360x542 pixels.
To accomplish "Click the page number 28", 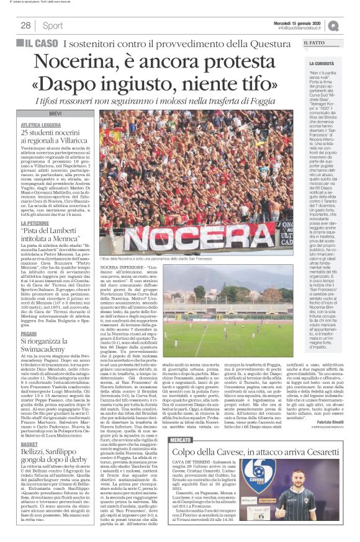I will [x=25, y=25].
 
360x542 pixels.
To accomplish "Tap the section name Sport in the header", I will [x=52, y=25].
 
